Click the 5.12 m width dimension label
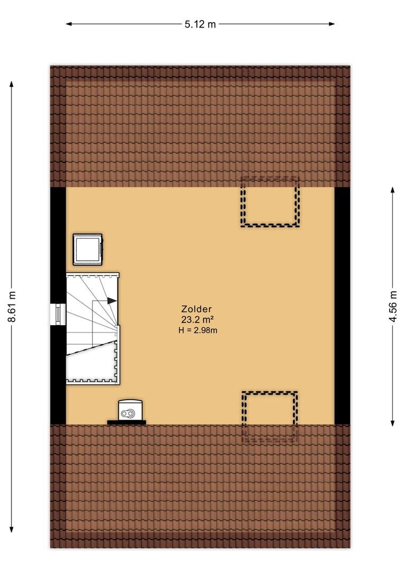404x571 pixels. coord(200,24)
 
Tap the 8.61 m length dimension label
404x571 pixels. coord(12,306)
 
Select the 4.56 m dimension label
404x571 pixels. coord(393,306)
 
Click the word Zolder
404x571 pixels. coord(196,309)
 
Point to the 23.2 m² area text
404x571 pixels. coord(197,320)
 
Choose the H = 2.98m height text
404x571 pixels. coord(198,330)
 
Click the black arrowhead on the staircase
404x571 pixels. coord(112,301)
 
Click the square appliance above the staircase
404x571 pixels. coord(88,250)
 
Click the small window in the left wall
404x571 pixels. coord(58,314)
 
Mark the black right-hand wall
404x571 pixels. coord(342,306)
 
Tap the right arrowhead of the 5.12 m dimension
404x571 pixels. coord(332,24)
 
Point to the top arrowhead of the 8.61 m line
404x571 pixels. coord(12,84)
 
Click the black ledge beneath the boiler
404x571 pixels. coord(126,423)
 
